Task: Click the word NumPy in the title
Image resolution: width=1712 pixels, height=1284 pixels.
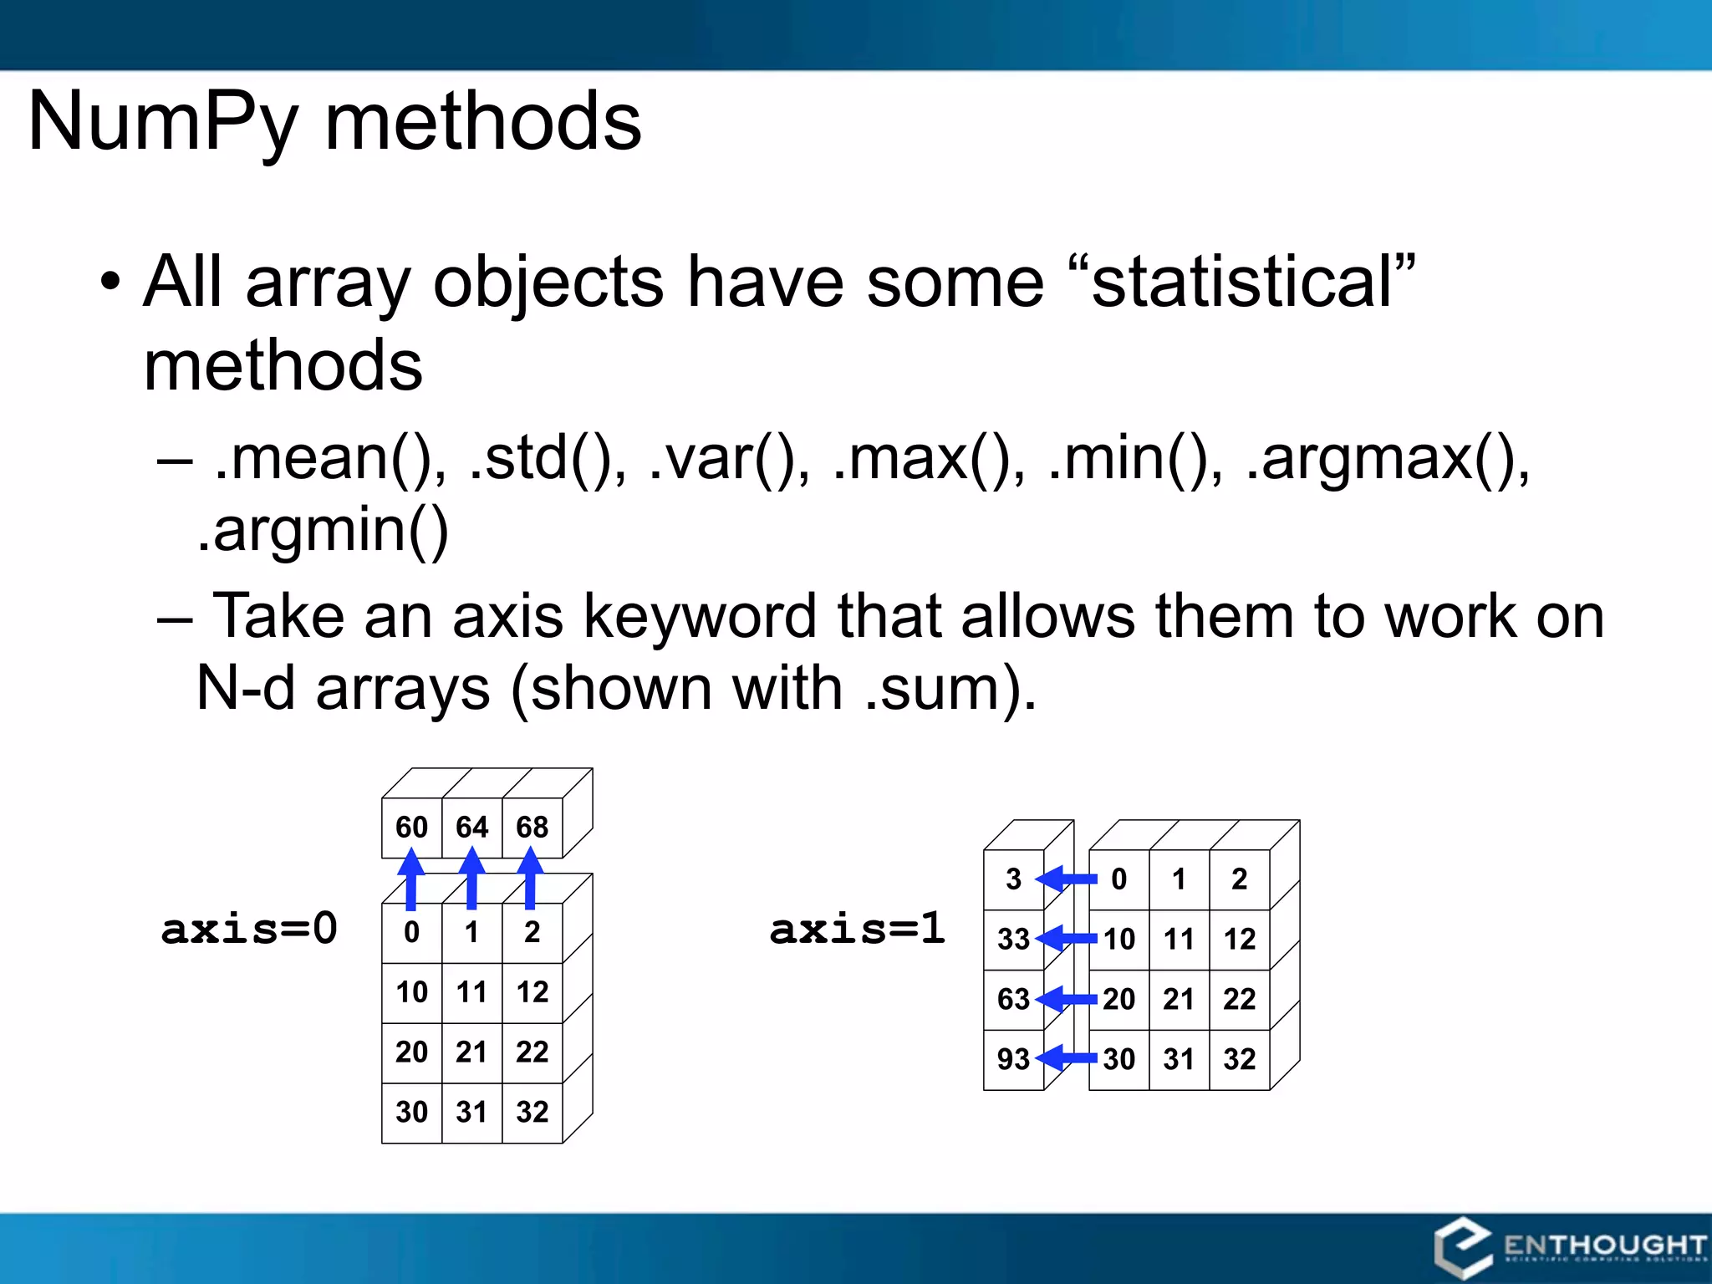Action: tap(163, 123)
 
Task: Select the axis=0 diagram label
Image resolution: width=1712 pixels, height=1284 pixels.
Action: tap(249, 928)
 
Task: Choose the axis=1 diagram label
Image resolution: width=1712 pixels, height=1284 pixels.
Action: tap(858, 928)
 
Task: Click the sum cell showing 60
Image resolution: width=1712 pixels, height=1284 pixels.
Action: tap(411, 828)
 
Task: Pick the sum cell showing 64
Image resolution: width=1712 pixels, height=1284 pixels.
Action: tap(471, 828)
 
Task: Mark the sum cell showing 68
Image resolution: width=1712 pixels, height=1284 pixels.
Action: tap(532, 828)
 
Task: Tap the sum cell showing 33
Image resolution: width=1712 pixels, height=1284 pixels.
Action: tap(1013, 939)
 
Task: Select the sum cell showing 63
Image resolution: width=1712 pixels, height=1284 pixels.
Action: tap(1013, 999)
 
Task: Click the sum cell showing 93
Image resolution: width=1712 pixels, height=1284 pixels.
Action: tap(1013, 1059)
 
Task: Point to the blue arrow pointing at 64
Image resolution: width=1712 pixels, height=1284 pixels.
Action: tap(472, 878)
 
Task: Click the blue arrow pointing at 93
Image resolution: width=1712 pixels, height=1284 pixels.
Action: tap(1067, 1058)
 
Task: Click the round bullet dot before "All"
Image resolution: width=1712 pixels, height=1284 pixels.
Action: tap(110, 283)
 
